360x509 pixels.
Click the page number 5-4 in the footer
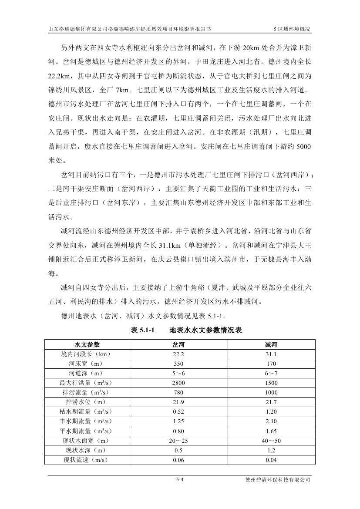pyautogui.click(x=180, y=480)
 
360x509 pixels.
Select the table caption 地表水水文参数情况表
pyautogui.click(x=205, y=330)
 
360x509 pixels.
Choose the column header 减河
pyautogui.click(x=271, y=344)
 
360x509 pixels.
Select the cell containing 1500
pyautogui.click(x=271, y=383)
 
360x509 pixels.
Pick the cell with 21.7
pyautogui.click(x=271, y=402)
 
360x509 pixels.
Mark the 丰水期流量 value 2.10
pyautogui.click(x=271, y=421)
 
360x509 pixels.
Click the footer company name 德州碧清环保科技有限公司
pyautogui.click(x=278, y=480)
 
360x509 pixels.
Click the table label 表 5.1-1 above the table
pyautogui.click(x=143, y=330)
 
